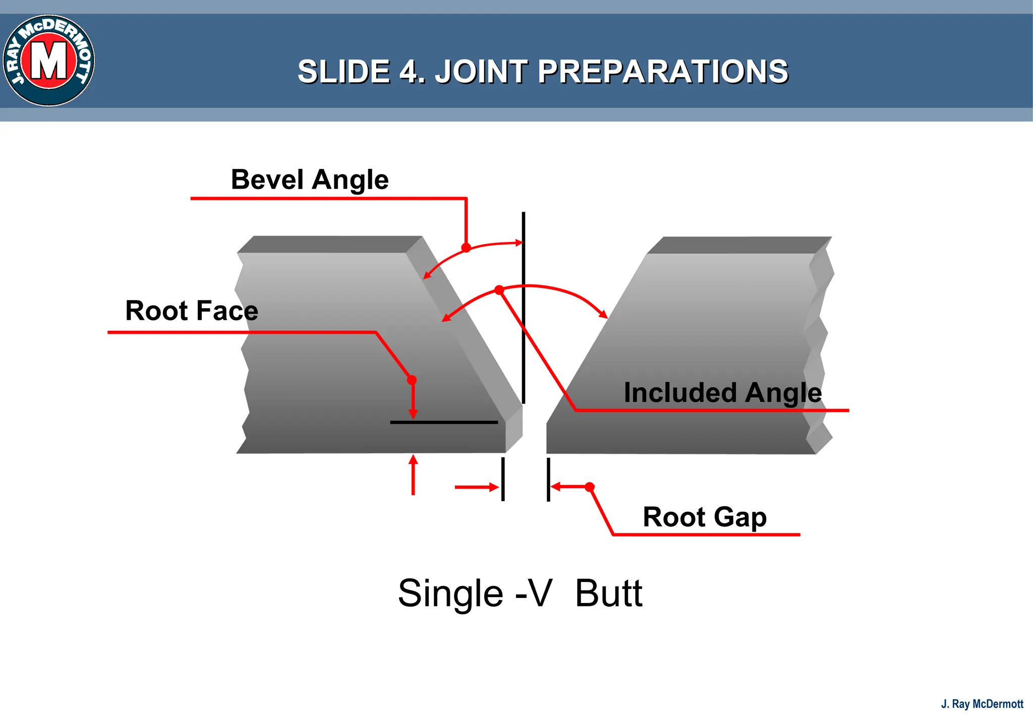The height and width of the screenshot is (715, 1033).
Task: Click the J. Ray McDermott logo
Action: click(49, 61)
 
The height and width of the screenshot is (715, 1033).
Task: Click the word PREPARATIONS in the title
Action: click(662, 72)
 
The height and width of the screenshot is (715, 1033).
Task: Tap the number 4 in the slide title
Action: click(410, 72)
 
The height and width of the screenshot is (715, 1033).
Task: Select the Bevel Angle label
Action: click(310, 180)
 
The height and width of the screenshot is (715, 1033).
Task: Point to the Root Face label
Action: click(192, 311)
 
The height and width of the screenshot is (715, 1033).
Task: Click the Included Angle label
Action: click(722, 392)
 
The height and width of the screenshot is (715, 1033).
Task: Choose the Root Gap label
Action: click(705, 517)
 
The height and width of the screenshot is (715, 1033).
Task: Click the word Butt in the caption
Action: click(608, 593)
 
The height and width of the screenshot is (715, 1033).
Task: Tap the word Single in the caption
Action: click(450, 593)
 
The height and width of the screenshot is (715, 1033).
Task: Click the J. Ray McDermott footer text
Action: click(982, 704)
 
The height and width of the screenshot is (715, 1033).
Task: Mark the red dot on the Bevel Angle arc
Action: click(466, 248)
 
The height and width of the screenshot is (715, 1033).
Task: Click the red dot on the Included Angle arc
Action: click(499, 290)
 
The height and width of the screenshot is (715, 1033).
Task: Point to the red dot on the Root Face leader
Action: click(412, 380)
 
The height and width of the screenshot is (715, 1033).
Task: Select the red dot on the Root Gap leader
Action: click(590, 487)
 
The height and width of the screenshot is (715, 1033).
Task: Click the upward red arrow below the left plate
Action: click(413, 474)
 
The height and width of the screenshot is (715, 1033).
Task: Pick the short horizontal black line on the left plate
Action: click(444, 422)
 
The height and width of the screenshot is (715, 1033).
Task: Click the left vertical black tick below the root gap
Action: click(503, 479)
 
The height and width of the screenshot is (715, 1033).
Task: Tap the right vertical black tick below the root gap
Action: click(548, 479)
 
